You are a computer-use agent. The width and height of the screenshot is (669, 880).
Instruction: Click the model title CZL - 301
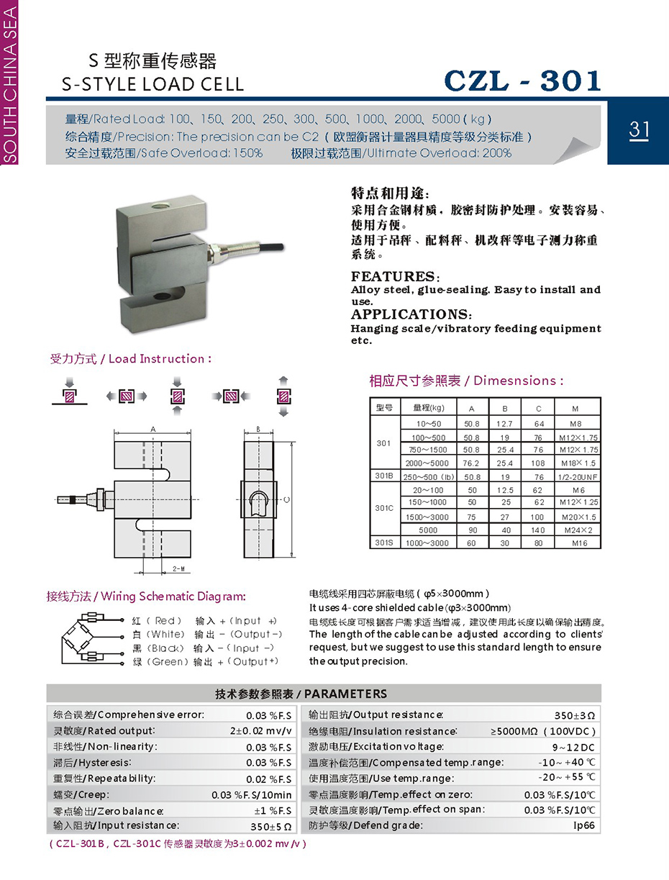coord(523,81)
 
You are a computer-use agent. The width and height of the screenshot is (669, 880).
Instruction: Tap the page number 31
coord(639,130)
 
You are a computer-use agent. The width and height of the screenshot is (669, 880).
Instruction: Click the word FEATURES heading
coord(393,277)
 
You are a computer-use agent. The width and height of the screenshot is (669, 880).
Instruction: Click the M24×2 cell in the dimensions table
coord(578,530)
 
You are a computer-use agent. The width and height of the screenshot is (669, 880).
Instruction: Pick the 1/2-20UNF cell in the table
coord(578,476)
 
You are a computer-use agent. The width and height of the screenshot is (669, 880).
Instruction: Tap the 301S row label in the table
coord(383,543)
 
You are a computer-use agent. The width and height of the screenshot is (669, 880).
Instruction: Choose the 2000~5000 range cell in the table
coord(426,463)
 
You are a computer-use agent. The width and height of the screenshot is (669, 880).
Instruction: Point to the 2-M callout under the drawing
coord(178,568)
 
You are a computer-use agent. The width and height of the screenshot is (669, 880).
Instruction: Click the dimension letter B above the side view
coord(258,430)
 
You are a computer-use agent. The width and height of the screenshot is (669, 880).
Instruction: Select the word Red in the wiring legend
coord(165,620)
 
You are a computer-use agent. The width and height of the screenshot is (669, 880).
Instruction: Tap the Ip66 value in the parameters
coord(583,825)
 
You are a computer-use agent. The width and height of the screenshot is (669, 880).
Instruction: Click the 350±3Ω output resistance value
coord(575,715)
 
